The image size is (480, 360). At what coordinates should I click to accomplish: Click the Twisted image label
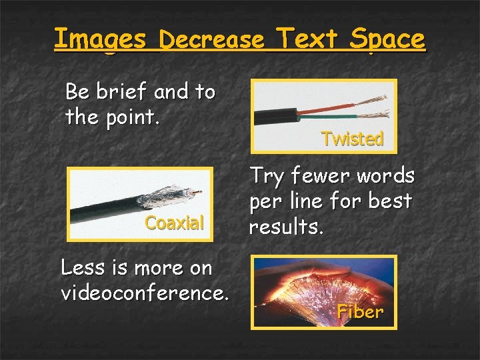(352, 139)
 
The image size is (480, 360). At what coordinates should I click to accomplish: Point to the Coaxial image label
(175, 223)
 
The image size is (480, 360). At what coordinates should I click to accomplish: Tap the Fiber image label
(360, 311)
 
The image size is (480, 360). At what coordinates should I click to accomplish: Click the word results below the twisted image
(285, 227)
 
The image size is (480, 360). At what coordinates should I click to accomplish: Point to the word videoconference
(145, 292)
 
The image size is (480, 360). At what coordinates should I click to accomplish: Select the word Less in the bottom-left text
(81, 267)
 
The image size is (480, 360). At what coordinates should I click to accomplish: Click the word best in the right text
(393, 201)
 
